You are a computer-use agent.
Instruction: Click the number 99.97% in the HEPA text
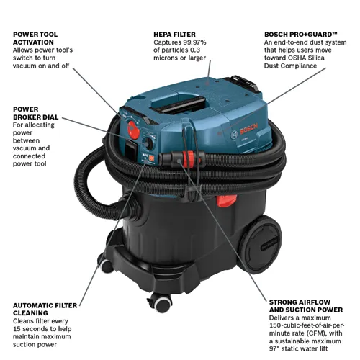point(215,42)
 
